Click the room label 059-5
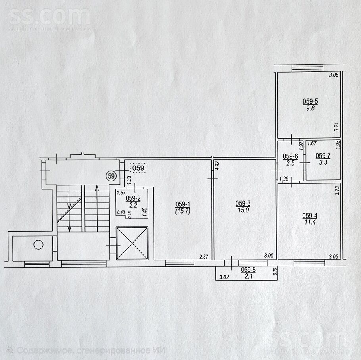coord(310,101)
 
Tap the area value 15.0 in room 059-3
coord(243,210)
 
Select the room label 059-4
coord(310,216)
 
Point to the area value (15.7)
coord(182,211)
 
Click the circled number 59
coord(111,176)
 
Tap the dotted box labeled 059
coord(138,168)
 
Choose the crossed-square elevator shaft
coord(132,243)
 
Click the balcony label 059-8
coord(248,270)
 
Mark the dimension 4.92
coord(217,166)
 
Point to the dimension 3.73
coord(337,191)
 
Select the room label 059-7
coord(323,156)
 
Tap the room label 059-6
coord(290,156)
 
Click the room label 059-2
coord(133,198)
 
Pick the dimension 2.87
coord(204,256)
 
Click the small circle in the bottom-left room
coord(38,244)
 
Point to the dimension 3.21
coord(337,127)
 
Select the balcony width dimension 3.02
coord(224,277)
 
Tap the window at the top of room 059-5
coord(307,68)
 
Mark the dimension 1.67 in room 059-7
coord(312,143)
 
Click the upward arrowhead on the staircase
coord(97,188)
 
